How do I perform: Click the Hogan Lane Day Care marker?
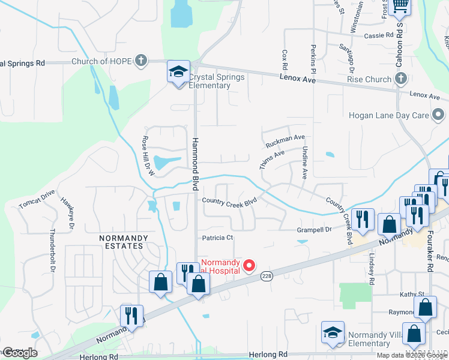[x=439, y=114]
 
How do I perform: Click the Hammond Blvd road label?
[x=195, y=163]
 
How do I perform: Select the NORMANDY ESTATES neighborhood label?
[x=123, y=238]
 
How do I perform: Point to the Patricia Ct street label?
[x=217, y=238]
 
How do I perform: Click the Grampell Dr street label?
[x=315, y=229]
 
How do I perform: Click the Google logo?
[x=19, y=353]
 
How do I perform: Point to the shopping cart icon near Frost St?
[x=399, y=5]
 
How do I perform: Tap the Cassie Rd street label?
[x=378, y=35]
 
